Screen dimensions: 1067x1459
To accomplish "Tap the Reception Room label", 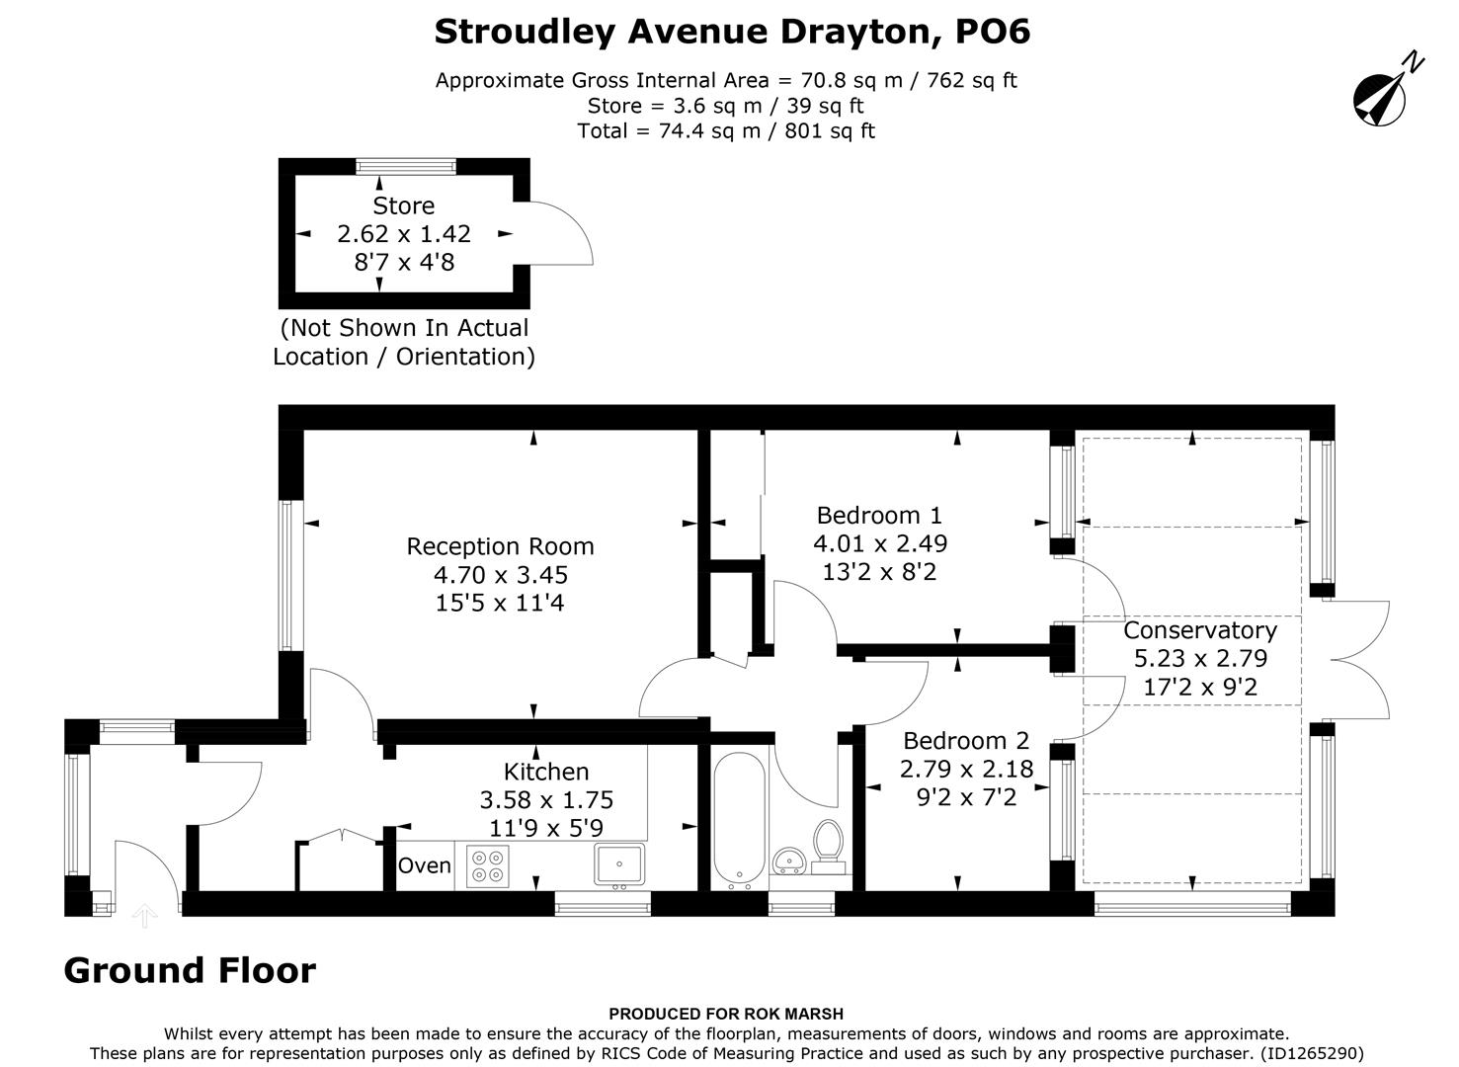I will pyautogui.click(x=500, y=546).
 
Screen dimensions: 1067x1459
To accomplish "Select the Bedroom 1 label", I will pyautogui.click(x=879, y=515).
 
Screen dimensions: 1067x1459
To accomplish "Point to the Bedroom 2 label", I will pyautogui.click(x=965, y=740).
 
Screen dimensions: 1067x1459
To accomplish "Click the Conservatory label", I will pyautogui.click(x=1200, y=630).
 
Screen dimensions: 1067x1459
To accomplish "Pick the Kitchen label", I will pyautogui.click(x=546, y=772).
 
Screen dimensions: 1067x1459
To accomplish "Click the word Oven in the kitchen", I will pyautogui.click(x=425, y=865).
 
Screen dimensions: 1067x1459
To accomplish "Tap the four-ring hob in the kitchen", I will pyautogui.click(x=487, y=866).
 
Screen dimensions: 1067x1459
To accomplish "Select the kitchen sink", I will pyautogui.click(x=619, y=863).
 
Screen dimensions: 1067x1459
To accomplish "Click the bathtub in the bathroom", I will pyautogui.click(x=739, y=819).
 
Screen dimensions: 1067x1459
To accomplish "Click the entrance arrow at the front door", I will pyautogui.click(x=145, y=916).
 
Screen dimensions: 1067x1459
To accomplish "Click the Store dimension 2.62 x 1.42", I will pyautogui.click(x=404, y=234).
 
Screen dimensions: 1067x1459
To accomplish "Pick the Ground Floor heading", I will pyautogui.click(x=190, y=971).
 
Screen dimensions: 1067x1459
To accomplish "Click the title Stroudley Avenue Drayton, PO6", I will pyautogui.click(x=732, y=32).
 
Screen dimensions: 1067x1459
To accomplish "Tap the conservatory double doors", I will pyautogui.click(x=1361, y=659).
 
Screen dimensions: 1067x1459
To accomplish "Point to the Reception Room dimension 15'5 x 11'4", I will pyautogui.click(x=500, y=603).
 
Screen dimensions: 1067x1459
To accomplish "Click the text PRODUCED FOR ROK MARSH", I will pyautogui.click(x=726, y=1013).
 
